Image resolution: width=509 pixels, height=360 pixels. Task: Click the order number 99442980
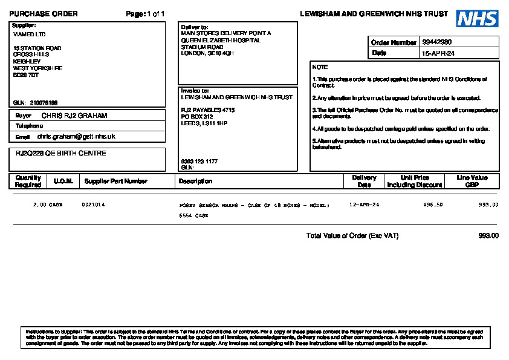[437, 42]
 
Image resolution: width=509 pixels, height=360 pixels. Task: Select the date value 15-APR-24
[438, 53]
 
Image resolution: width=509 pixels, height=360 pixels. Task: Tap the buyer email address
[76, 137]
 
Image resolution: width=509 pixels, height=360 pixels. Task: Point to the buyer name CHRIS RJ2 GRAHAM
[74, 115]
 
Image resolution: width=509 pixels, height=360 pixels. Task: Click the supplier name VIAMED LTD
[29, 34]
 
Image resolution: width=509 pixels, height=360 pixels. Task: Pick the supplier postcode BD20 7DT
[26, 75]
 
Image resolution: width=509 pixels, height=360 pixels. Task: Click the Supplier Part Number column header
[115, 182]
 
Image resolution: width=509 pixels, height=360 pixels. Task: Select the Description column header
[195, 182]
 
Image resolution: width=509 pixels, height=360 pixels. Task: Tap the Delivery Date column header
[364, 182]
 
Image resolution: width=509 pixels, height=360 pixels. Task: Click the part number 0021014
[93, 205]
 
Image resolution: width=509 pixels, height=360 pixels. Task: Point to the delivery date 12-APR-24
[365, 205]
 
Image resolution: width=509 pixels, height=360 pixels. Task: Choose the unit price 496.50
[433, 205]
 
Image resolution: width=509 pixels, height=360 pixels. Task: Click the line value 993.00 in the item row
[488, 205]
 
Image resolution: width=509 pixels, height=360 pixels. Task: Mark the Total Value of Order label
[352, 236]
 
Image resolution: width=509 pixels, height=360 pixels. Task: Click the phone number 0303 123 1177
[199, 162]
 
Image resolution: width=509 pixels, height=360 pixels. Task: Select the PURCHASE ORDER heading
[44, 14]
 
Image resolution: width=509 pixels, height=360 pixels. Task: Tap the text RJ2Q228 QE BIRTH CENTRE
[60, 154]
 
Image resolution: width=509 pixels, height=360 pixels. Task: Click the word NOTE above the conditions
[320, 67]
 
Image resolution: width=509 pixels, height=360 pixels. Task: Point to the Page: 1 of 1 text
[145, 14]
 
